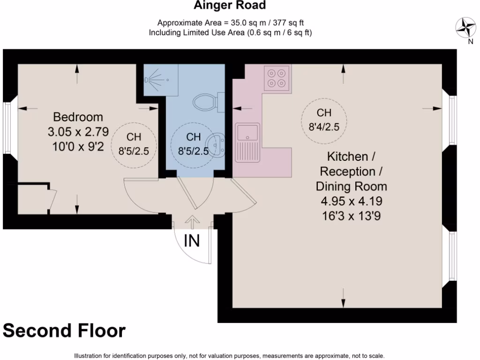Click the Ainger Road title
point(230,6)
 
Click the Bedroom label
point(78,117)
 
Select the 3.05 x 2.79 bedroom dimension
point(78,132)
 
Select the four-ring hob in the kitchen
point(276,78)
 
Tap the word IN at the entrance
point(191,241)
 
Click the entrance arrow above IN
point(191,221)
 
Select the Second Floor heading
point(64,331)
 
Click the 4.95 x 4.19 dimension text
point(351,202)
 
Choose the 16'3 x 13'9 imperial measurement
point(351,217)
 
